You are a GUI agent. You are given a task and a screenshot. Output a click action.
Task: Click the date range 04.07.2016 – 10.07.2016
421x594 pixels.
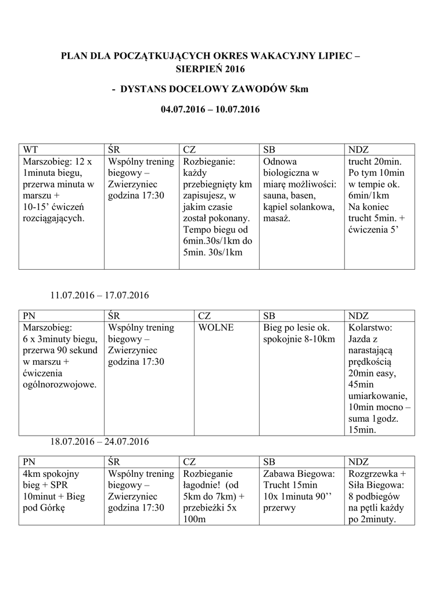[x=210, y=109]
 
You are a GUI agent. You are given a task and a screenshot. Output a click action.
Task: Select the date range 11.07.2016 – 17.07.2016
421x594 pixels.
[x=99, y=295]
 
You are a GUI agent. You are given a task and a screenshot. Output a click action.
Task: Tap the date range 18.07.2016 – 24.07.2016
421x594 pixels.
[x=99, y=441]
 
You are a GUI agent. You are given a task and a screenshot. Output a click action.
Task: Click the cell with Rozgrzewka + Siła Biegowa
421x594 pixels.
[x=379, y=497]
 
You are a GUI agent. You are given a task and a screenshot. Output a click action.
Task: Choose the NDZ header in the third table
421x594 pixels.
[x=358, y=462]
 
